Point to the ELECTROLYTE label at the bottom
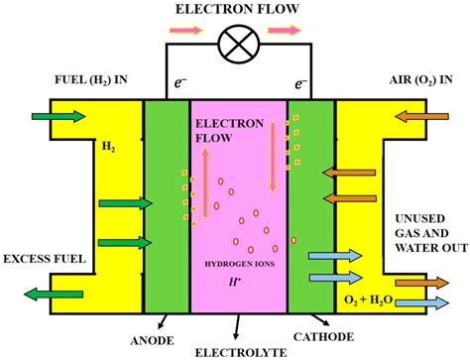[x=235, y=350]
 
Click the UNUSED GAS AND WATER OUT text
[x=421, y=228]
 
